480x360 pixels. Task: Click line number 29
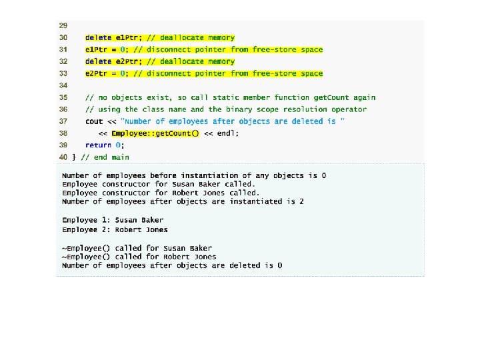[63, 25]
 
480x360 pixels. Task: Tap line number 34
[63, 85]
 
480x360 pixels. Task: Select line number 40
[63, 157]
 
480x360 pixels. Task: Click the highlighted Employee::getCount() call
[155, 133]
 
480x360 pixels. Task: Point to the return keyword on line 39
[98, 145]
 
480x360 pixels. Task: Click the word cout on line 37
[94, 121]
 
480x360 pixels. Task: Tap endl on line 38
[226, 133]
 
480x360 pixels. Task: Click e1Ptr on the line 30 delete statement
[127, 37]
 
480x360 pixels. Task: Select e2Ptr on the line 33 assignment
[96, 73]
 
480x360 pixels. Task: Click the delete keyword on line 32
[98, 61]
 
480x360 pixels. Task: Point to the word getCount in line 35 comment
[331, 97]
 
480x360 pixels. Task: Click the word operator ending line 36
[349, 109]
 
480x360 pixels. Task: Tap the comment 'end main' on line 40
[111, 157]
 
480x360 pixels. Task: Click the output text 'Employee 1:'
[86, 220]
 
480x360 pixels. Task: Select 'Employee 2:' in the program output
[86, 230]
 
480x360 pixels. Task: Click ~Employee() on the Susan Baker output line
[86, 248]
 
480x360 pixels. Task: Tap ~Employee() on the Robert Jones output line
[86, 257]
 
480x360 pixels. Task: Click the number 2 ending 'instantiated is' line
[301, 202]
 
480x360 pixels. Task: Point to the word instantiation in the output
[209, 176]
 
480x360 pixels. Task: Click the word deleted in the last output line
[245, 265]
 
